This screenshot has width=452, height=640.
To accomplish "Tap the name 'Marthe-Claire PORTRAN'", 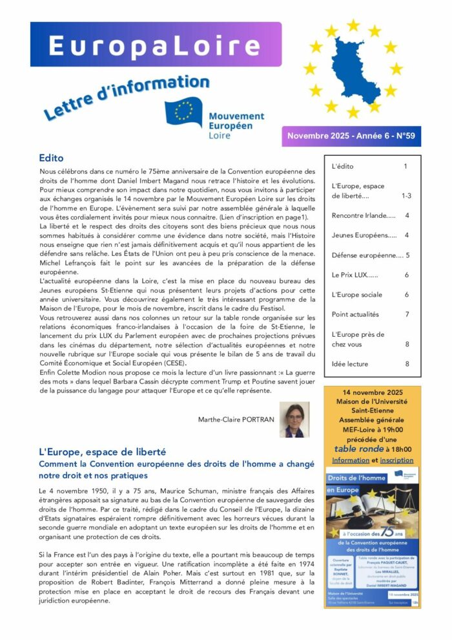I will click(236, 420).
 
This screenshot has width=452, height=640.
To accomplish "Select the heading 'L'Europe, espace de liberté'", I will click(102, 452).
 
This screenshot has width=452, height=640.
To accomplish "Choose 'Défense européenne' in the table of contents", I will click(366, 255).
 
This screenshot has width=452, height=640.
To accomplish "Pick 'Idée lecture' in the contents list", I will click(349, 364).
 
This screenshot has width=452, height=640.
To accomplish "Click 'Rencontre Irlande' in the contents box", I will click(363, 215).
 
